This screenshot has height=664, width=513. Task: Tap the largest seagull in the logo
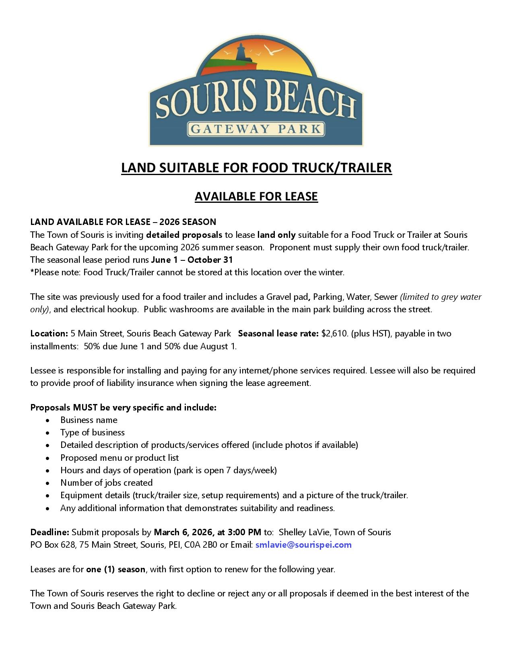[273, 50]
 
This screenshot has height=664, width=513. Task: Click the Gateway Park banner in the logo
[256, 129]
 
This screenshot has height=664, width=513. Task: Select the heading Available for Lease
[256, 196]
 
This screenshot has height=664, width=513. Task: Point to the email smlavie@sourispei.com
[303, 545]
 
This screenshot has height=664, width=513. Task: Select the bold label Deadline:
[49, 532]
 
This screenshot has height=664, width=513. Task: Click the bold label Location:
[49, 334]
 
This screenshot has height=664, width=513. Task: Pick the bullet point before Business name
[48, 421]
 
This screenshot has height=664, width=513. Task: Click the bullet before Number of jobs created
[48, 483]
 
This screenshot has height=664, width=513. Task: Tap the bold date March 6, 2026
[183, 532]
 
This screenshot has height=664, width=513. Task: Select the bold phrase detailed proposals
[184, 235]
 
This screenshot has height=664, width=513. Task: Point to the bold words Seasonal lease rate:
[278, 334]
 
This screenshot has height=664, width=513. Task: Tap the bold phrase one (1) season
[115, 569]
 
